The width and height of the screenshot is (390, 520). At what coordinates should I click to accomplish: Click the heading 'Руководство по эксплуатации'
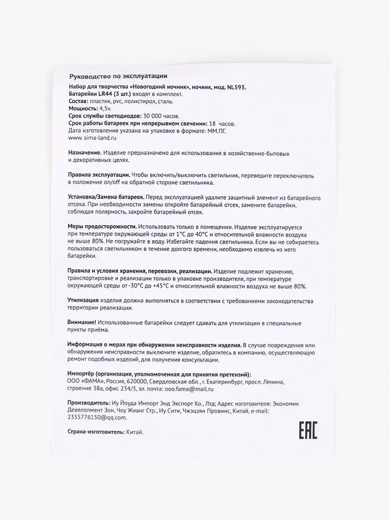pos(117,76)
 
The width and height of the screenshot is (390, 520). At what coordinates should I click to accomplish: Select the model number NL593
pos(232,88)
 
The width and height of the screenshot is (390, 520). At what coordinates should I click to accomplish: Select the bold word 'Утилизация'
pos(84,300)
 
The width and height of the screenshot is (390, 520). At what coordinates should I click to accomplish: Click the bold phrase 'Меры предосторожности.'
pos(102,227)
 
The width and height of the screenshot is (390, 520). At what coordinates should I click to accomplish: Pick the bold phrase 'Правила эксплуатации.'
pos(99,174)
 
